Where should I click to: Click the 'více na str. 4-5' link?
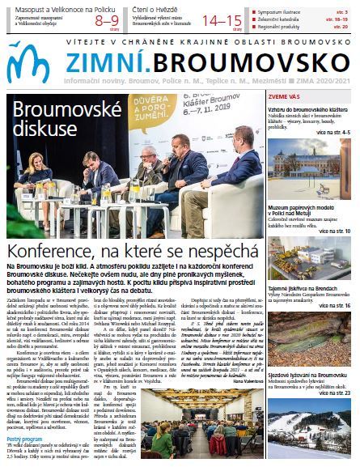[x=333, y=132]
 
